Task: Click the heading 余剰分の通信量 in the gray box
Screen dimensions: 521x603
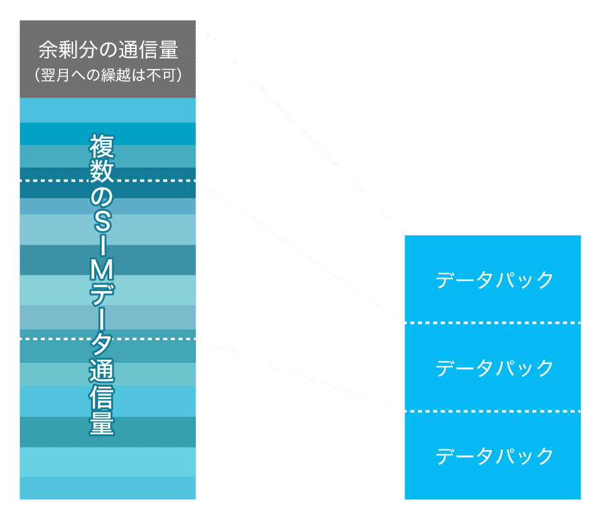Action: click(108, 50)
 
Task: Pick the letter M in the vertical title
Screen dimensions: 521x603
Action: click(101, 271)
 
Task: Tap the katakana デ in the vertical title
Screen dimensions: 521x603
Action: click(101, 294)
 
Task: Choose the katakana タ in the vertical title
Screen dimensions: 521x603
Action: click(101, 344)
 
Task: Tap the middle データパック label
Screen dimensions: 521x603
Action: click(495, 368)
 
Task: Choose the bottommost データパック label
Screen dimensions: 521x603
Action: click(495, 456)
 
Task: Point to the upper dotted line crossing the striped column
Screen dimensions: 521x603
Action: click(50, 181)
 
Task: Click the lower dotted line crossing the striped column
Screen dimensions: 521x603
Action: click(50, 339)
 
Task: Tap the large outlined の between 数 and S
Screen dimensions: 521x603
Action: click(101, 197)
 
